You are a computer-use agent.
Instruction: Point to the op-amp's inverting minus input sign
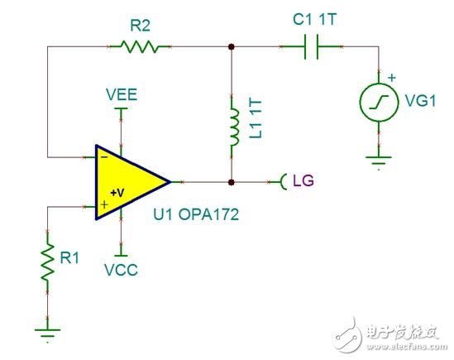(103, 155)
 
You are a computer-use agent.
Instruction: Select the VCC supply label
(122, 269)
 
